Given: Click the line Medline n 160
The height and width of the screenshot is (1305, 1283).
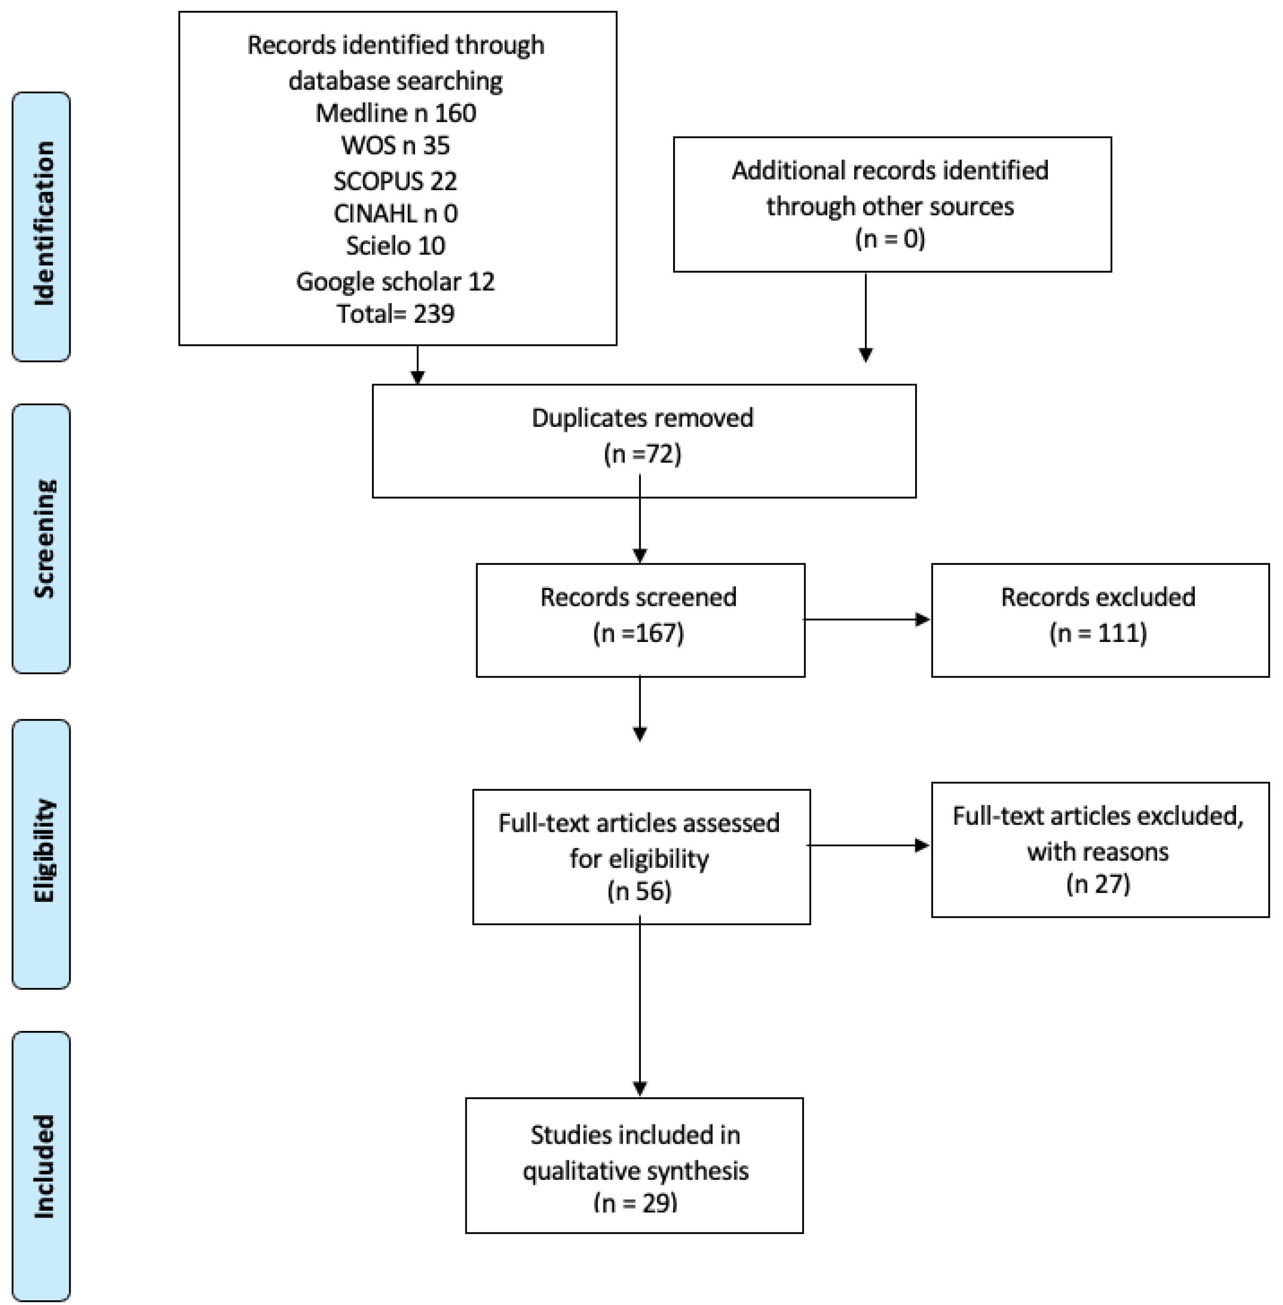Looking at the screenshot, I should tap(396, 113).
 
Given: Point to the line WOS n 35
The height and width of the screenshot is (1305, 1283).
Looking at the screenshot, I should tap(396, 145).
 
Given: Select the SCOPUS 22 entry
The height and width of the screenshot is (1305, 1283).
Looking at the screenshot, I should tap(396, 181).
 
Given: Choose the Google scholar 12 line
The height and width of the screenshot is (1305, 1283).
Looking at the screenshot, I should tap(396, 281).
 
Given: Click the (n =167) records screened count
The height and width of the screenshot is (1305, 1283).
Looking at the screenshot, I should tap(639, 633).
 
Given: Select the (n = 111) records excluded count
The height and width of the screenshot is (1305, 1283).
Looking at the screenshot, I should tap(1098, 633).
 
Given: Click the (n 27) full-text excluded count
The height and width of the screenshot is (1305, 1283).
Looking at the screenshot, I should tap(1098, 884).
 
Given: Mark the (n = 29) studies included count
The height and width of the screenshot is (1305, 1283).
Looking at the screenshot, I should tap(635, 1203).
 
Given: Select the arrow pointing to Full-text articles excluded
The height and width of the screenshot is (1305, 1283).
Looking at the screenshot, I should tap(868, 845).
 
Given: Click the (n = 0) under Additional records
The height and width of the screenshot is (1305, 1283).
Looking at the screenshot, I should tap(890, 239).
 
